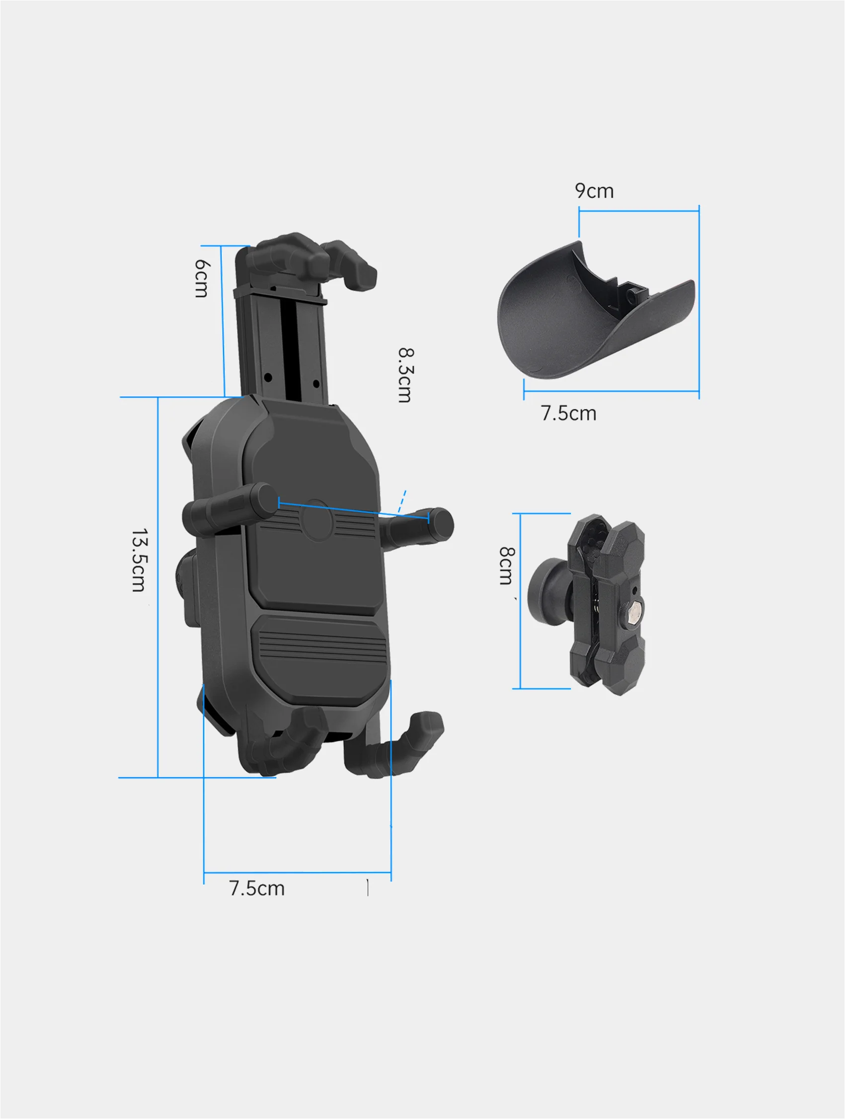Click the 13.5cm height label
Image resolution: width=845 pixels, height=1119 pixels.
(140, 560)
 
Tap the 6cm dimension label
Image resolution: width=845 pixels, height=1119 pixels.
(202, 279)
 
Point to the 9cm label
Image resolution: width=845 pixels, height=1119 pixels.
(594, 191)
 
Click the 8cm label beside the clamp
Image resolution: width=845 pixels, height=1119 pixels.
(507, 565)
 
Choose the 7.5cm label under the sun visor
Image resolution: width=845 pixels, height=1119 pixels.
(568, 413)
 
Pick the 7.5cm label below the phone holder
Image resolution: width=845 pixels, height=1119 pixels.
(257, 888)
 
